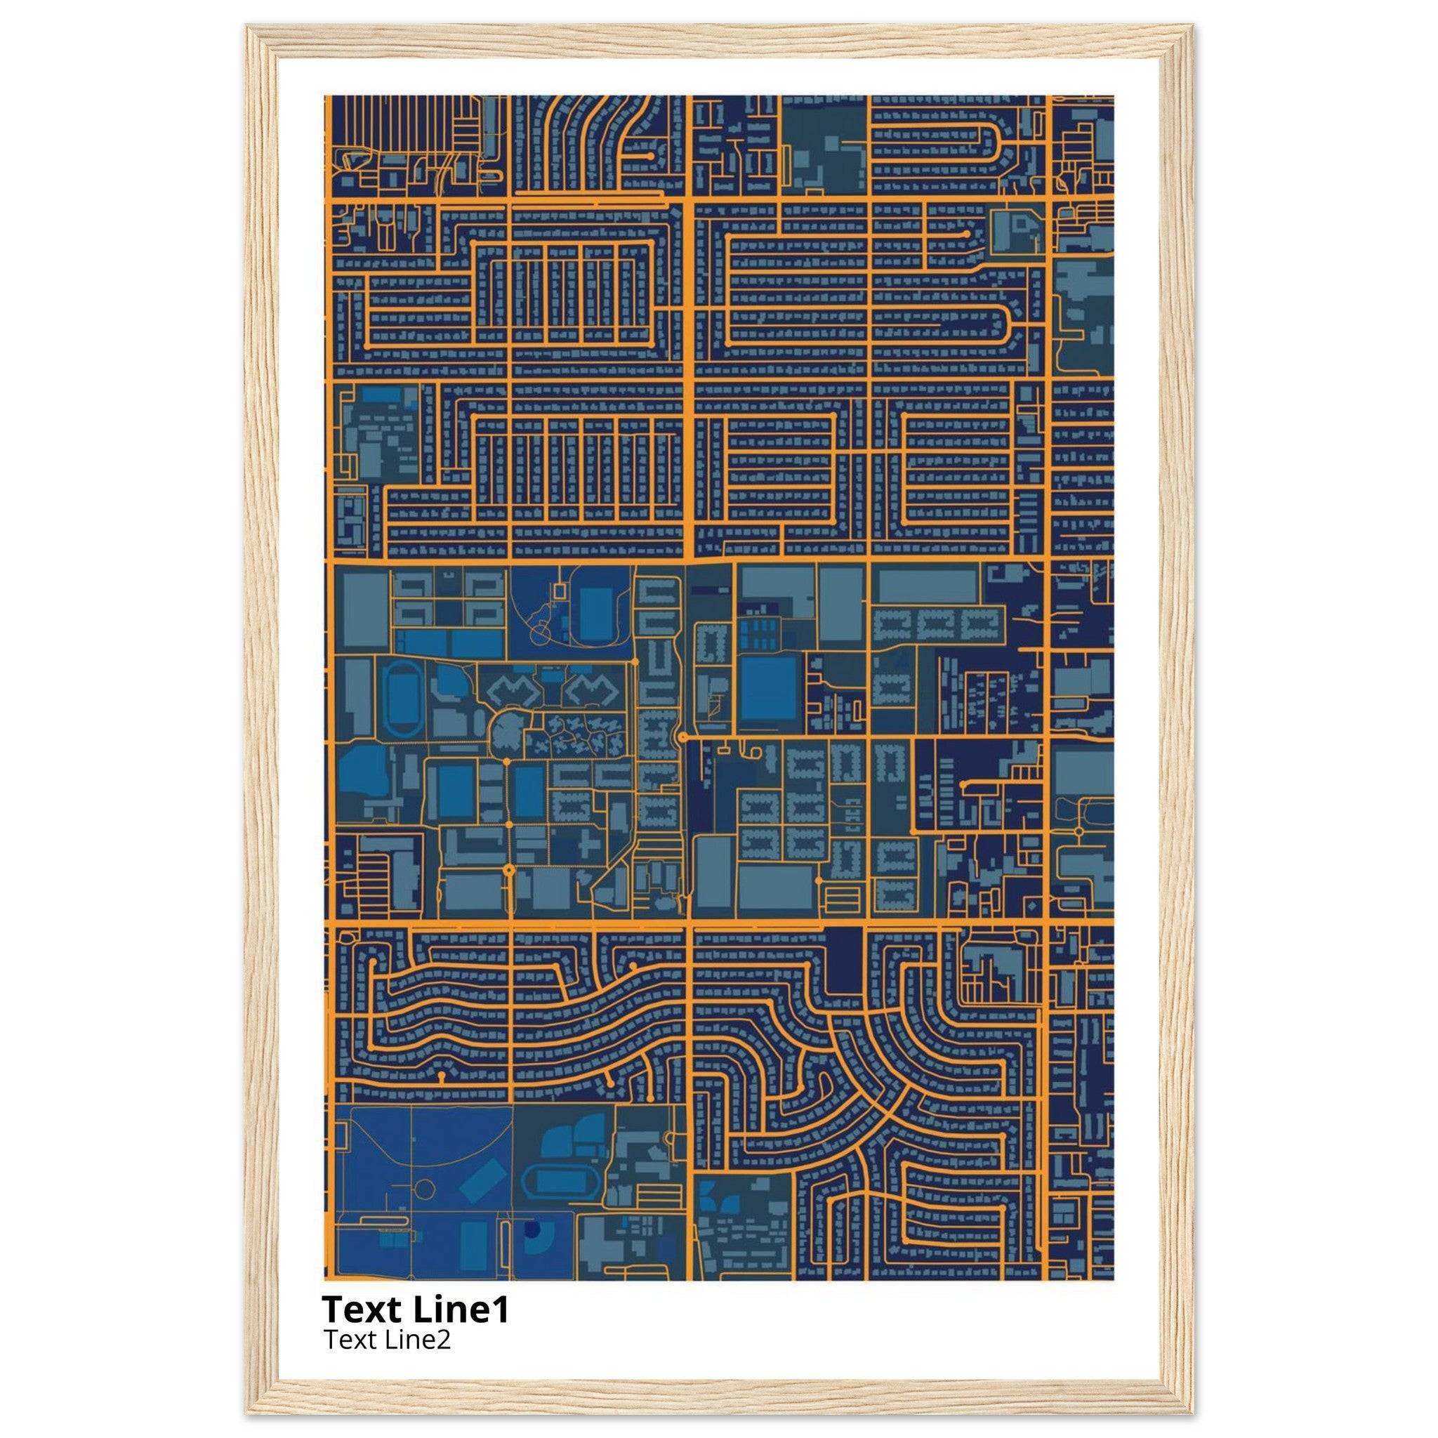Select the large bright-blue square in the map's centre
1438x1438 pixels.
click(768, 689)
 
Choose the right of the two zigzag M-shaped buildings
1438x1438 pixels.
click(591, 691)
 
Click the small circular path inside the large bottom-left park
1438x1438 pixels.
click(424, 1189)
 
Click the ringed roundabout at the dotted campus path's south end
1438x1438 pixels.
click(509, 869)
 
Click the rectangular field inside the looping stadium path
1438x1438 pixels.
click(596, 610)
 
